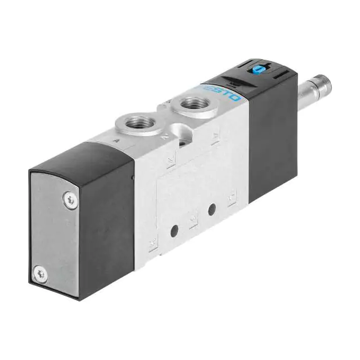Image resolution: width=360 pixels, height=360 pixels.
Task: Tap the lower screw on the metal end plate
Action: tap(39, 274)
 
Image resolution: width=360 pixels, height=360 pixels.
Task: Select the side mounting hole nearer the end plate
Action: tap(174, 230)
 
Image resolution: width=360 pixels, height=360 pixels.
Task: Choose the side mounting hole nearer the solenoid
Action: tap(212, 210)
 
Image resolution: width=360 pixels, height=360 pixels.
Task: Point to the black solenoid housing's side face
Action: tap(273, 141)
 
